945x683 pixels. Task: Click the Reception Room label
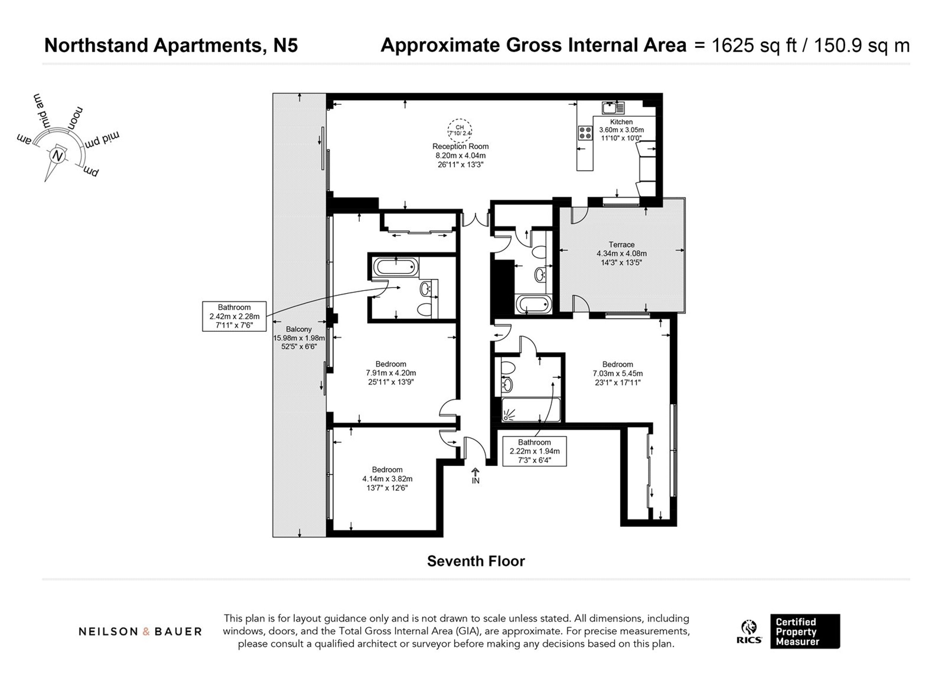click(x=460, y=146)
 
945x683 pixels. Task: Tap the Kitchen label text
click(x=621, y=122)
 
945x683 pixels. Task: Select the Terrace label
click(x=622, y=245)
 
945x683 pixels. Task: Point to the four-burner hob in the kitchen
click(x=585, y=133)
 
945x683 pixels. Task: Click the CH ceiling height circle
click(x=460, y=130)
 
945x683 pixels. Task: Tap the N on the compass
click(x=58, y=156)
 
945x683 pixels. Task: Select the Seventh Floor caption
click(x=476, y=561)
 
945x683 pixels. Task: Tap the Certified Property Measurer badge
click(x=805, y=631)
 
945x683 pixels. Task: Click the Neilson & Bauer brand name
click(x=140, y=632)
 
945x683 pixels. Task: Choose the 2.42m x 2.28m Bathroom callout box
click(x=234, y=316)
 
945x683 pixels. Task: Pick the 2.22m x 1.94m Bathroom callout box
click(x=534, y=451)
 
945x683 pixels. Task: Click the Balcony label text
click(x=299, y=329)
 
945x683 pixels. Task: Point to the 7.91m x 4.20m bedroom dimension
click(x=391, y=373)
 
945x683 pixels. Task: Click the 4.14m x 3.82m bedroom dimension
click(x=387, y=479)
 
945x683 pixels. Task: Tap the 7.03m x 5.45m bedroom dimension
click(x=618, y=373)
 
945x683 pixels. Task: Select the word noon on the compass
click(x=75, y=118)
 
